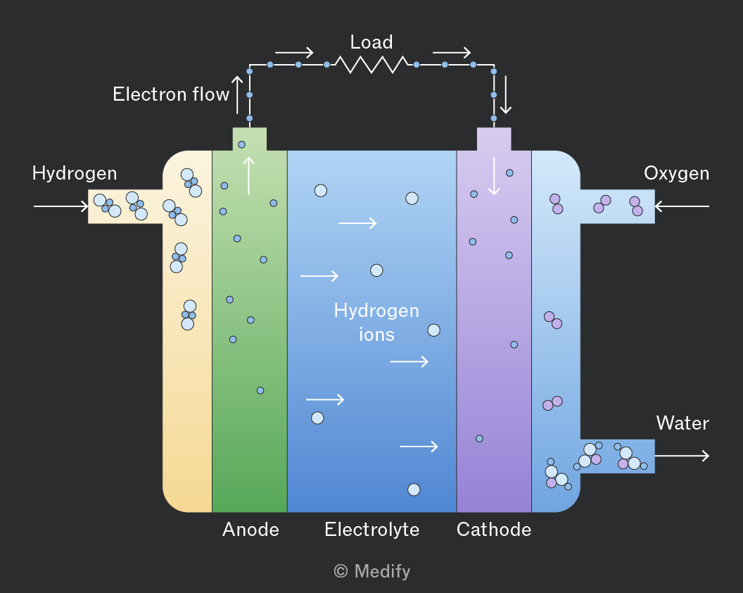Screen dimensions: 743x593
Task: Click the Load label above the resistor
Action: [x=371, y=42]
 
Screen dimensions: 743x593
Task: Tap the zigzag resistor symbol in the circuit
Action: [x=371, y=65]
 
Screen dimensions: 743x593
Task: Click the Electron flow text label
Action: [x=171, y=94]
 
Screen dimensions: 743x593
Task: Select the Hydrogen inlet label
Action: [x=75, y=174]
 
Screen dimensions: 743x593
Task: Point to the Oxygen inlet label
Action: [x=677, y=174]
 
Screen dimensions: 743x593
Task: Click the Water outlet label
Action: [x=682, y=423]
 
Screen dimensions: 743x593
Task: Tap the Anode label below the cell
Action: [x=250, y=530]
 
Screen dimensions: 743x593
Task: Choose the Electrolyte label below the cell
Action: [x=372, y=530]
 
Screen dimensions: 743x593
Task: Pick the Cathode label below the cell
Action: [x=494, y=530]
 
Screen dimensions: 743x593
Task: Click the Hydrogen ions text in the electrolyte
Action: [x=376, y=323]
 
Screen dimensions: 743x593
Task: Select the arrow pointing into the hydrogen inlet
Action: [x=61, y=206]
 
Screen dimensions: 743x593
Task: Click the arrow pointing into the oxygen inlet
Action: [x=682, y=206]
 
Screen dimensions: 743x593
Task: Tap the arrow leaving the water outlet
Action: [x=682, y=456]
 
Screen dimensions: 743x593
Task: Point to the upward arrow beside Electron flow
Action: [x=237, y=95]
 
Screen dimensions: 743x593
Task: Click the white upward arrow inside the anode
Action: [x=249, y=176]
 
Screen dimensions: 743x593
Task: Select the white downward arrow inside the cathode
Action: [x=494, y=176]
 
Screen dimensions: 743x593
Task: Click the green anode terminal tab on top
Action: [x=250, y=139]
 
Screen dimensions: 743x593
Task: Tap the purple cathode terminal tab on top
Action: [x=494, y=139]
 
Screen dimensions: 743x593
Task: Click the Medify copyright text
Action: [x=372, y=571]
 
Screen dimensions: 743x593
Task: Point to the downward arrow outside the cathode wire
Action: [x=506, y=95]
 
